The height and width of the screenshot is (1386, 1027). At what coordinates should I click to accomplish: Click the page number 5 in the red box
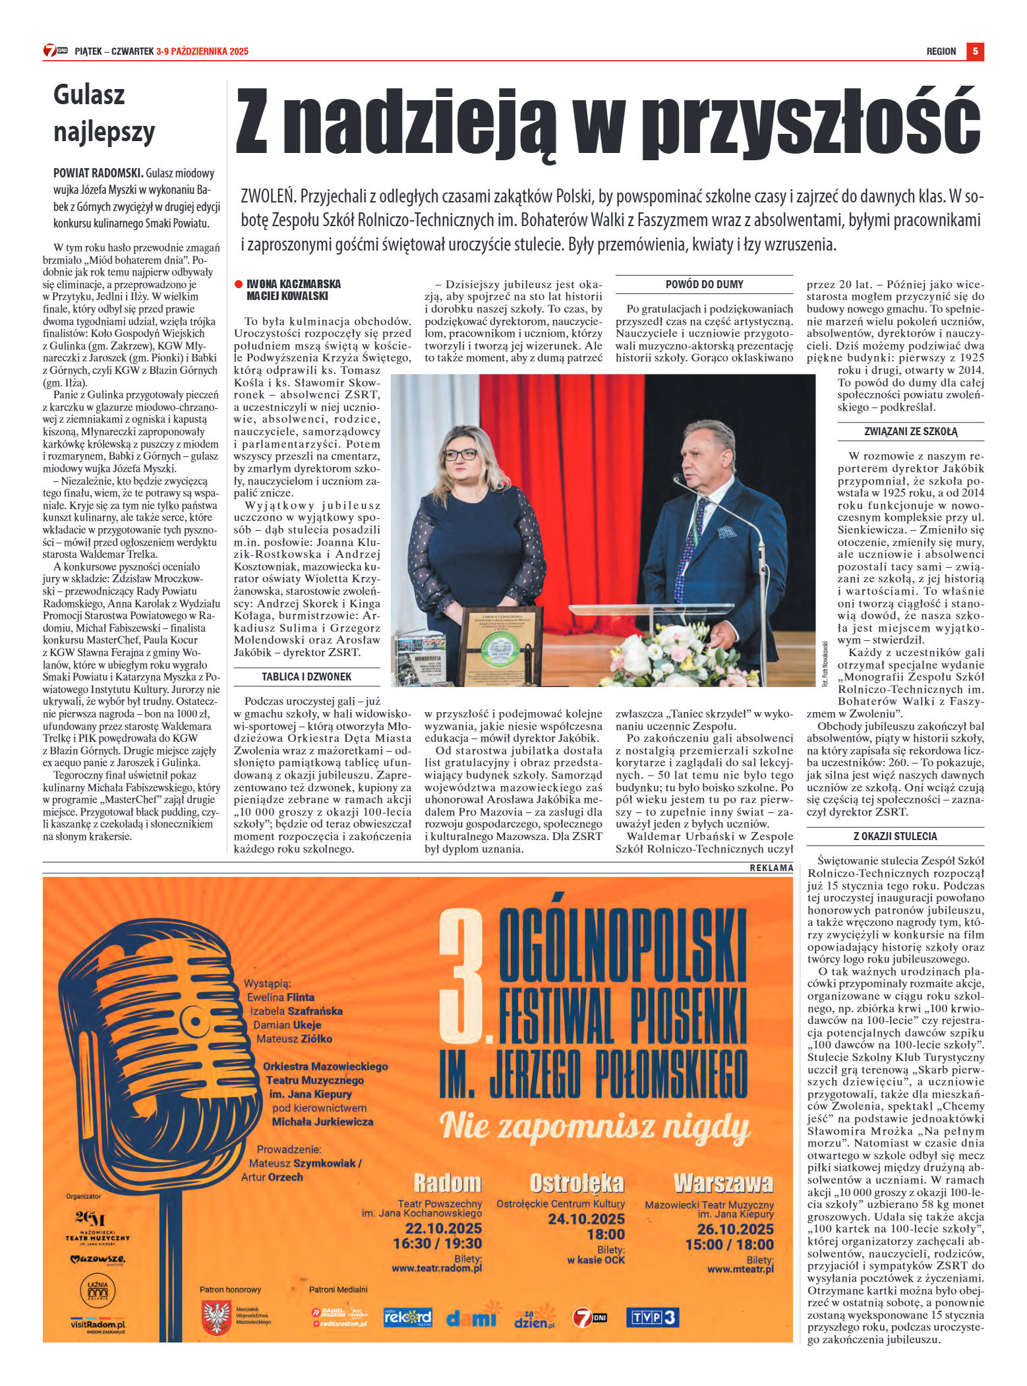[x=975, y=51]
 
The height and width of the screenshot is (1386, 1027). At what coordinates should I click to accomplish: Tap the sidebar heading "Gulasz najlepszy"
[x=103, y=113]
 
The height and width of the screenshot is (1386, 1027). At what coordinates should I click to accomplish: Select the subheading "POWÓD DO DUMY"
[x=704, y=285]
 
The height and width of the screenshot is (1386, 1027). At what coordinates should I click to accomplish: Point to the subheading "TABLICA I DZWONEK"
[x=307, y=677]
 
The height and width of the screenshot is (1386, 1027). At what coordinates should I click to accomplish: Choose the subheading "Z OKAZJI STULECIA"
[x=895, y=836]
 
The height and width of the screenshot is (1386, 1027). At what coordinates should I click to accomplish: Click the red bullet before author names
[x=239, y=284]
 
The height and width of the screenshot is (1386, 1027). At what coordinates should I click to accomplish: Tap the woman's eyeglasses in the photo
[x=459, y=454]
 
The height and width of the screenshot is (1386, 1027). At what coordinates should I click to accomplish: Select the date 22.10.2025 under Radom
[x=443, y=1228]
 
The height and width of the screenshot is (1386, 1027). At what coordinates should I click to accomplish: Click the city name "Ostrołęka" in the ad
[x=576, y=1183]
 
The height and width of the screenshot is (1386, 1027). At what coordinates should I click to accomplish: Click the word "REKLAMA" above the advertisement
[x=771, y=868]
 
